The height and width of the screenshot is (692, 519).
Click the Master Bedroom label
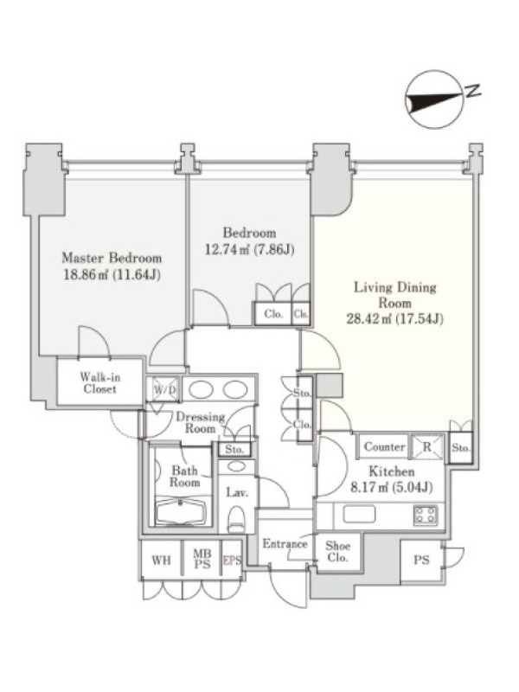pyautogui.click(x=112, y=258)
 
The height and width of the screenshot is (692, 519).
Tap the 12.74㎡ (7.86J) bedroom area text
pyautogui.click(x=249, y=250)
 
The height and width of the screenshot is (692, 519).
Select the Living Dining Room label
pyautogui.click(x=395, y=295)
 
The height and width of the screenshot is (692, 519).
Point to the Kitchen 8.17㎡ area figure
pyautogui.click(x=391, y=488)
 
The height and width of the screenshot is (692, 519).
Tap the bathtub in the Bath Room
pyautogui.click(x=183, y=512)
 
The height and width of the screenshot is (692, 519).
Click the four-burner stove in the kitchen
pyautogui.click(x=426, y=515)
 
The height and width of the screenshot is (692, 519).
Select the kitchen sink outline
pyautogui.click(x=359, y=514)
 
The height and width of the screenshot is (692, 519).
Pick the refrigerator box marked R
pyautogui.click(x=426, y=446)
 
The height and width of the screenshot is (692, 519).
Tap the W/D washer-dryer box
pyautogui.click(x=164, y=390)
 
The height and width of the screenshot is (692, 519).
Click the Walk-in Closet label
pyautogui.click(x=99, y=383)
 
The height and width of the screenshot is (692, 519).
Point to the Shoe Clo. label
pyautogui.click(x=337, y=551)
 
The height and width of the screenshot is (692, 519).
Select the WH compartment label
pyautogui.click(x=161, y=560)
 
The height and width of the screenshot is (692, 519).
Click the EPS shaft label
pyautogui.click(x=232, y=560)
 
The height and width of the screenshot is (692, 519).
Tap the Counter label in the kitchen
pyautogui.click(x=384, y=446)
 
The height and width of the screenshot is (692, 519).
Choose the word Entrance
pyautogui.click(x=285, y=544)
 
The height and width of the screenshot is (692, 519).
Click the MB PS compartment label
pyautogui.click(x=202, y=558)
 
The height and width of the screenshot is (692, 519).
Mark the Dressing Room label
pyautogui.click(x=201, y=422)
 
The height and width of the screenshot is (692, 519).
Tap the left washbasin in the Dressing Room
pyautogui.click(x=202, y=390)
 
